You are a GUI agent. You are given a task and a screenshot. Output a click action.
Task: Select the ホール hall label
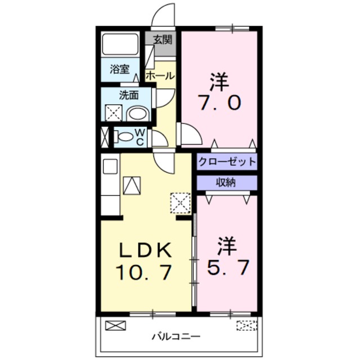(x=160, y=75)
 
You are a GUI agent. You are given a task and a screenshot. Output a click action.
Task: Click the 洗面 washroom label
(x=128, y=94)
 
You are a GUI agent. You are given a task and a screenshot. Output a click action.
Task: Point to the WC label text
(x=140, y=136)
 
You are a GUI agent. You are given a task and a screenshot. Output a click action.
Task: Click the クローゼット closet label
(x=227, y=162)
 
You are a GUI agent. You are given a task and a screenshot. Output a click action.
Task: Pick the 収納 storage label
(x=227, y=182)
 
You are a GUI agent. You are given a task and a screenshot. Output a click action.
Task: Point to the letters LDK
(x=143, y=248)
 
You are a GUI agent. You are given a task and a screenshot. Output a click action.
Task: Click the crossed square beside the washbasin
(x=113, y=114)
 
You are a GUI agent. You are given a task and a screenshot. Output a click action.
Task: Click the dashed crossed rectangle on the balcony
(x=245, y=325)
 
